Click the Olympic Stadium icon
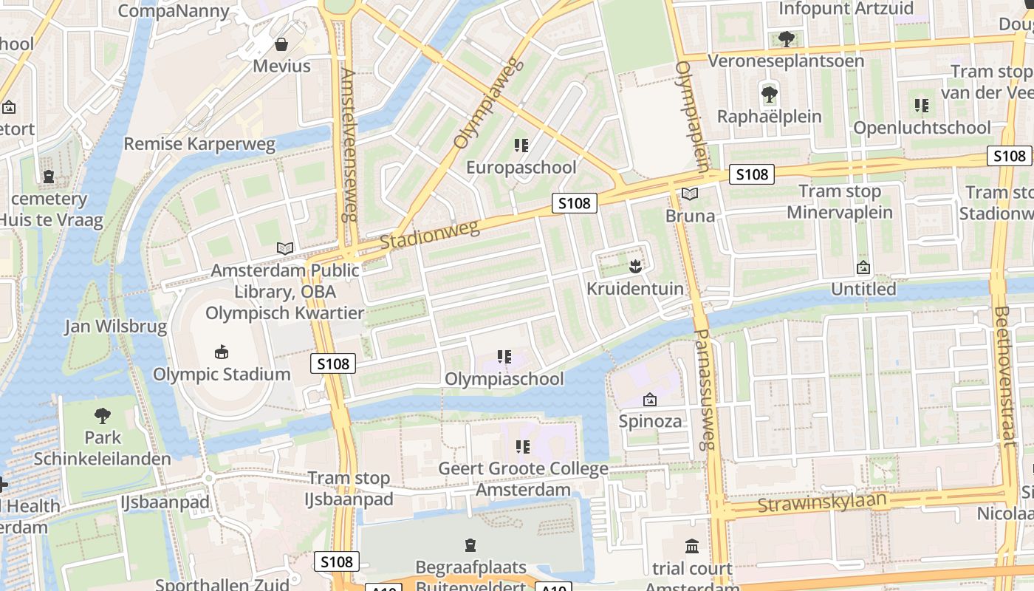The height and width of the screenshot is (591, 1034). point(221,352)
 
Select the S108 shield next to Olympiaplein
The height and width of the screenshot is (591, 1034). point(752,174)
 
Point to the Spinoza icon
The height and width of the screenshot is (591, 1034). point(650,400)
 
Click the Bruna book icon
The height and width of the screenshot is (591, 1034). point(690,194)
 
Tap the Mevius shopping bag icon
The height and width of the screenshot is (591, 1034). point(281,44)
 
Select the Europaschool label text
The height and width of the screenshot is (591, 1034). point(521,168)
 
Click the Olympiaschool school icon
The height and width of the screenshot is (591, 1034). point(504,358)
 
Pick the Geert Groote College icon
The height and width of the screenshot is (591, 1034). point(523,446)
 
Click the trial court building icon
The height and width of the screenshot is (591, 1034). point(692,547)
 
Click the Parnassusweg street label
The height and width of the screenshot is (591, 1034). point(705,389)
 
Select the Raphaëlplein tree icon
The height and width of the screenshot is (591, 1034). point(769,95)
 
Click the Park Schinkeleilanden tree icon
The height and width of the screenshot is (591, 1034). point(103,415)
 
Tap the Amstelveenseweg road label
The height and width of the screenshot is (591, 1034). point(348,144)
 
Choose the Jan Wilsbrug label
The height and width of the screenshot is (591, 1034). point(115,327)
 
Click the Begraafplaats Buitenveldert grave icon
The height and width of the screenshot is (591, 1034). point(470,546)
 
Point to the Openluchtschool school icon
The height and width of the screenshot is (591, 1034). point(921,106)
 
